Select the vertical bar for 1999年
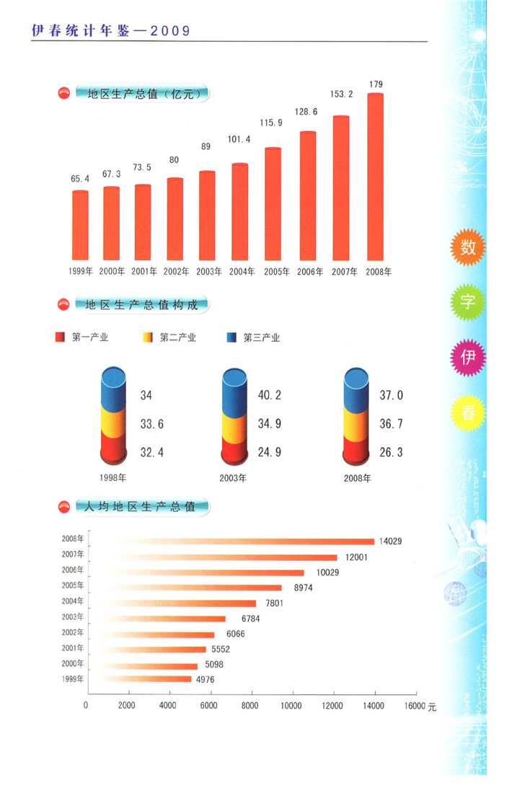tap(80, 226)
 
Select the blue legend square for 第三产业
tap(231, 337)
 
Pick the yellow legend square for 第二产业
tap(148, 337)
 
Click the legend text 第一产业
tap(90, 337)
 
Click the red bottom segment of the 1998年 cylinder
tap(113, 453)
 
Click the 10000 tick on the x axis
tap(292, 706)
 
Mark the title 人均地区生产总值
tap(140, 507)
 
